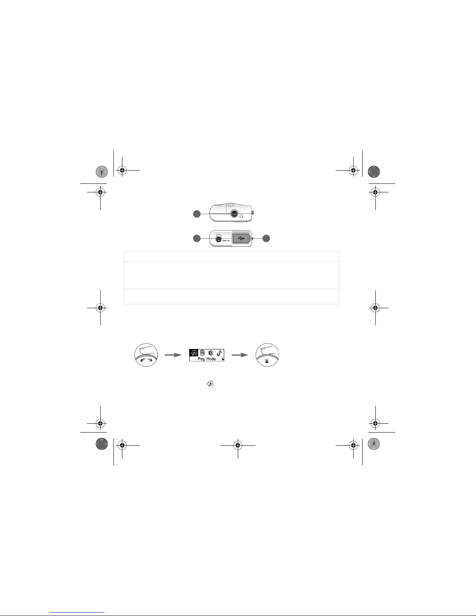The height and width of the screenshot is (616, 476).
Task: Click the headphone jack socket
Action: coord(234,213)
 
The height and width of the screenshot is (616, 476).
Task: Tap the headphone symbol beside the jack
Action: coord(241,216)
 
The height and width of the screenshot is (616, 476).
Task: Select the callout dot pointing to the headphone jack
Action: coord(197,214)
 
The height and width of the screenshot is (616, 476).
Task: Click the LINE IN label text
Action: coord(226,241)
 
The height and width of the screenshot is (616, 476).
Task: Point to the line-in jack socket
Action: coord(218,239)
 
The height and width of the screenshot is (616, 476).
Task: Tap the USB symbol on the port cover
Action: coord(241,239)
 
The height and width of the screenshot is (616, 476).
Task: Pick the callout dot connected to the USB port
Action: coord(266,238)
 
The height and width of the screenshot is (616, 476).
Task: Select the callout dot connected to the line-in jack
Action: coord(197,238)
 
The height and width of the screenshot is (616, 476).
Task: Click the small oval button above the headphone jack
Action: coord(231,205)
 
